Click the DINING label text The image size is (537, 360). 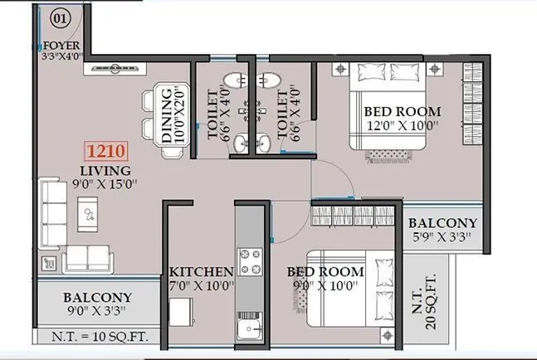click(x=166, y=115)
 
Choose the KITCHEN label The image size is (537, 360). click(x=201, y=272)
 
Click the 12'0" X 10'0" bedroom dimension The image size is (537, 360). click(x=401, y=126)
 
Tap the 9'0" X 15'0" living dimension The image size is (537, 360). click(x=101, y=184)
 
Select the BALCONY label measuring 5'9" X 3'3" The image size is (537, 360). click(x=443, y=223)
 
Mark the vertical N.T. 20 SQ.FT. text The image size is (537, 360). click(x=431, y=297)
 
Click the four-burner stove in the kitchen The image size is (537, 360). click(x=250, y=262)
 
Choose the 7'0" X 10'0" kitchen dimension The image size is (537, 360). click(x=202, y=286)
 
